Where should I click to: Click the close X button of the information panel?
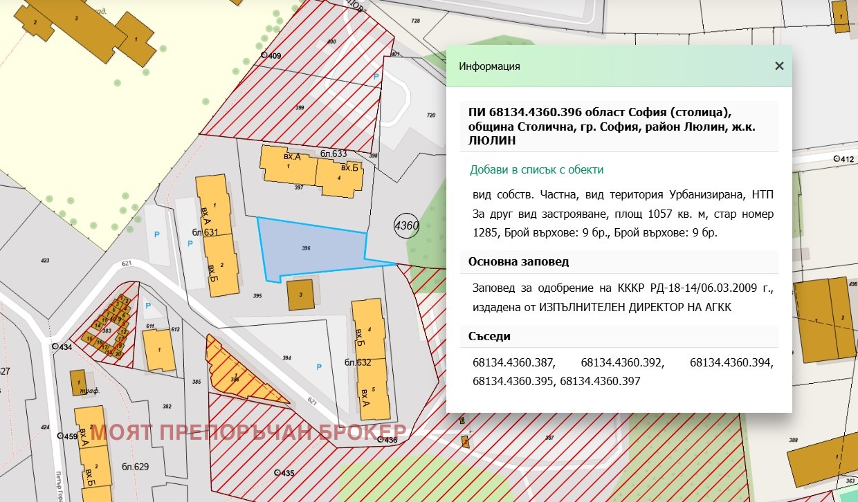click(779, 66)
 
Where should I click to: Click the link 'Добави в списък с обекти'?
click(536, 169)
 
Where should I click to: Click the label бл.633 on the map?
click(334, 154)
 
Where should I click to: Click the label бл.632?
click(358, 362)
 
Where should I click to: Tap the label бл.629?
click(135, 467)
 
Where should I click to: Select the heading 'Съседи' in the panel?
click(489, 336)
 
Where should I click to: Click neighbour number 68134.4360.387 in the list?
click(514, 362)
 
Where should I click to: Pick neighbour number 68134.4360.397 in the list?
click(600, 381)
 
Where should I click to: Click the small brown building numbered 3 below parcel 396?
click(300, 294)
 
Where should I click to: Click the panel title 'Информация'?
click(489, 66)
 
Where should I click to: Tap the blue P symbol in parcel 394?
click(318, 366)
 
